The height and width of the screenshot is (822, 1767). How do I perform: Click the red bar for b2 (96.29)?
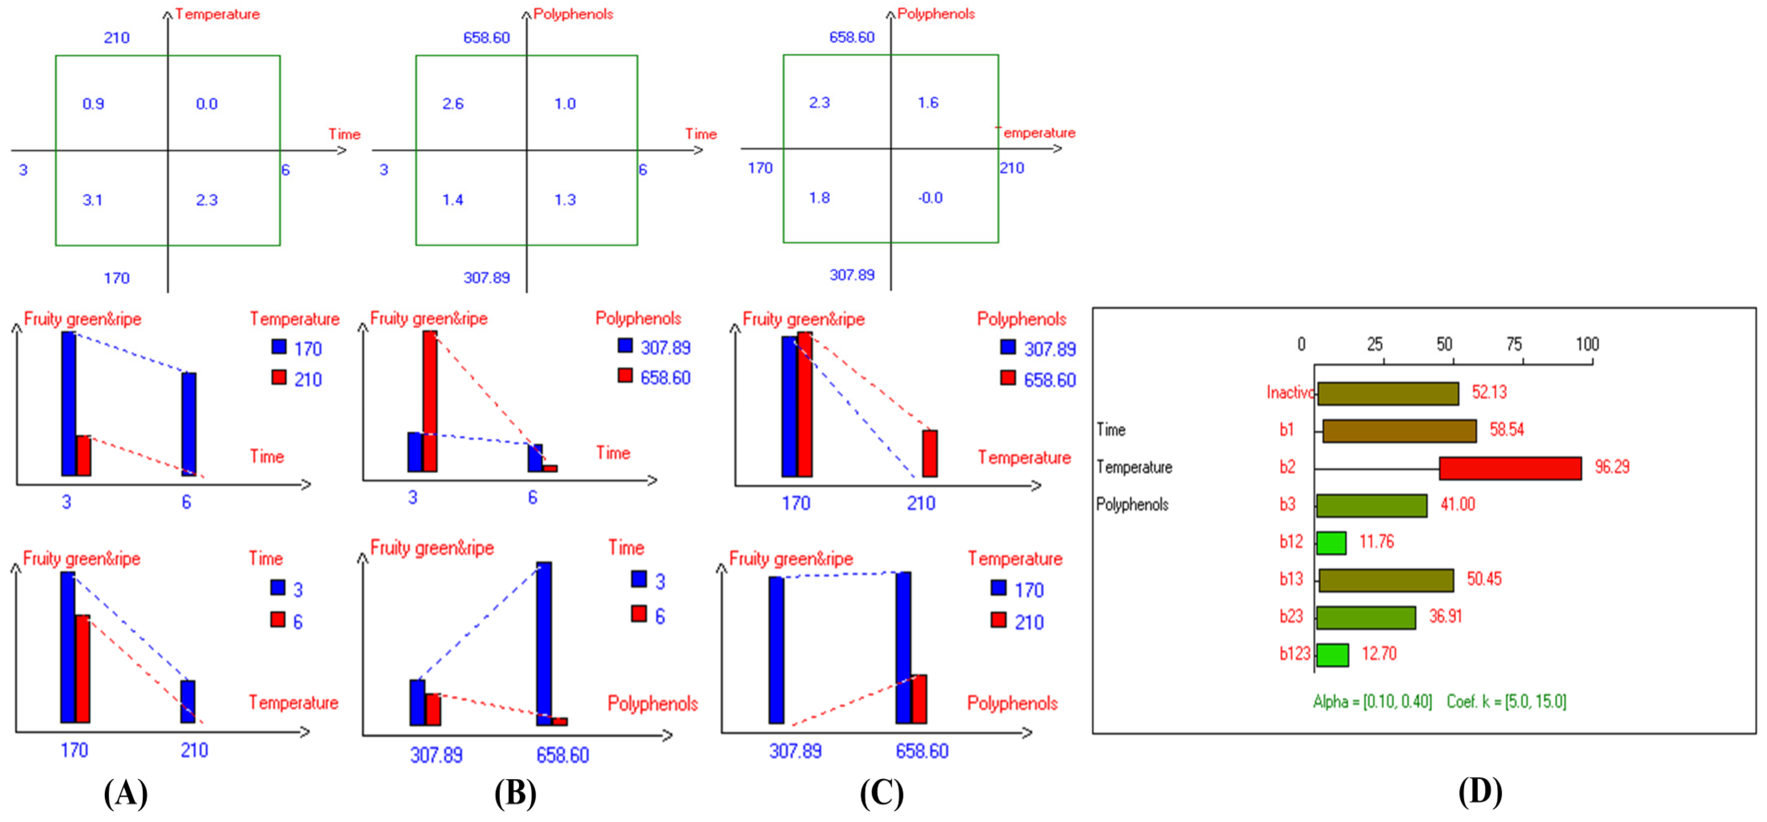click(1510, 468)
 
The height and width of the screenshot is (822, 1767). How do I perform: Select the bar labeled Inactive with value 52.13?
click(1388, 393)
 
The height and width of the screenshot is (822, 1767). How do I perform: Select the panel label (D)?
click(1480, 792)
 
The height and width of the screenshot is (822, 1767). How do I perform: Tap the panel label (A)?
click(126, 794)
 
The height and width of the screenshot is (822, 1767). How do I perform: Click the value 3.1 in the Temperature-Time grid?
click(92, 200)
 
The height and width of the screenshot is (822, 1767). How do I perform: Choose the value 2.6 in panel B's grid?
click(453, 104)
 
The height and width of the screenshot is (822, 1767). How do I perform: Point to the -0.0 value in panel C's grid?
click(930, 198)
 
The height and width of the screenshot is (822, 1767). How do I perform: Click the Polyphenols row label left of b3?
click(1132, 505)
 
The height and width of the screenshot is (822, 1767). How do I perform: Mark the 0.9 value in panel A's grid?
click(93, 104)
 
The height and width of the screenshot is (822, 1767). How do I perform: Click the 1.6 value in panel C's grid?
click(928, 103)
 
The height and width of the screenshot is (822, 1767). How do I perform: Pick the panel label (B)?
click(515, 794)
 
